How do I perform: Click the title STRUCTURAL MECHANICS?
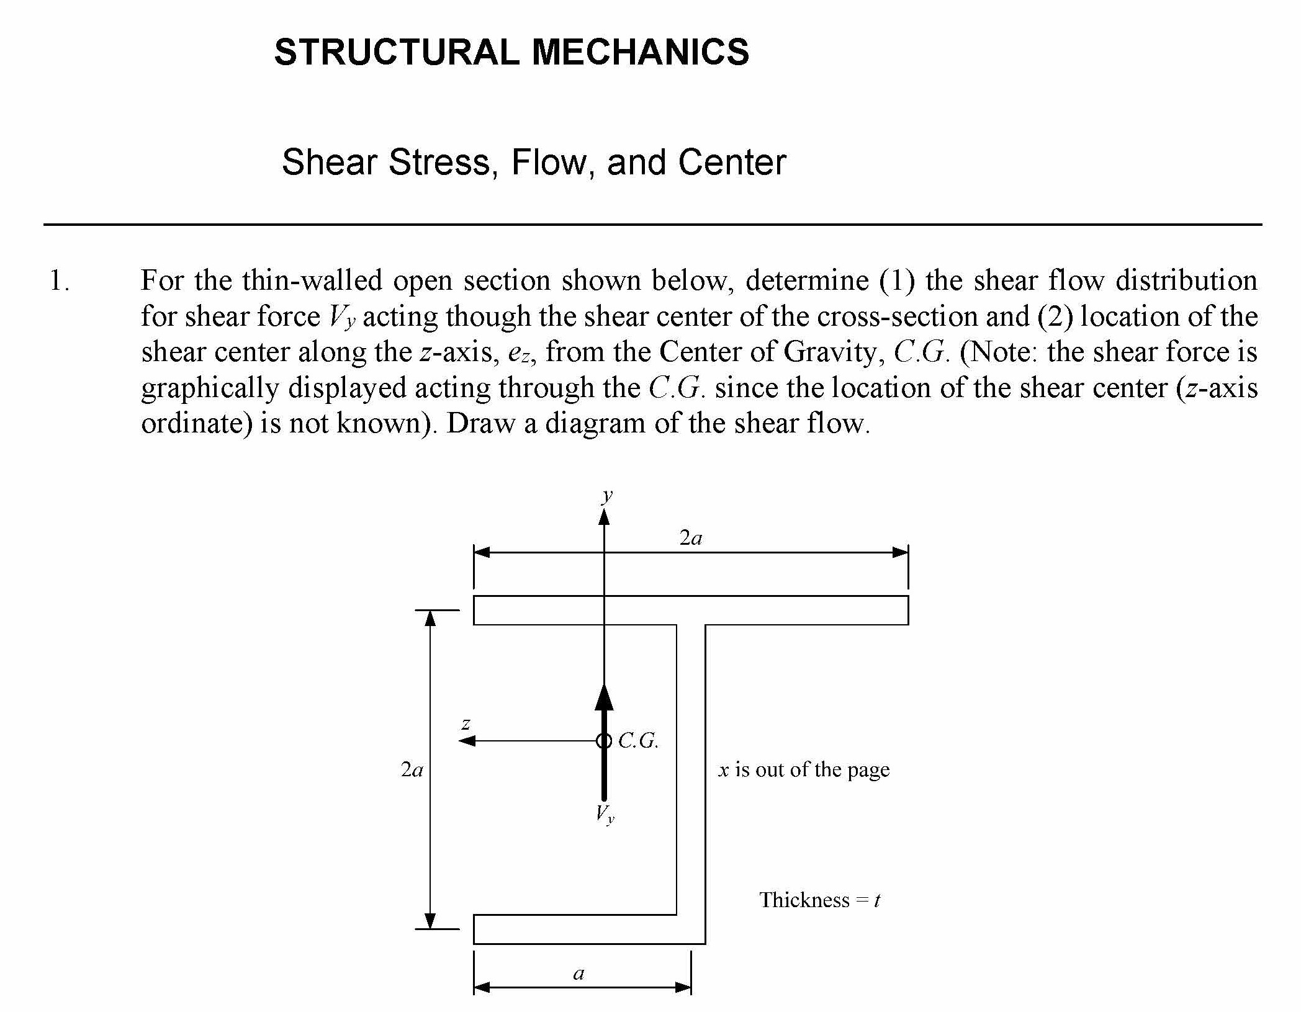[x=511, y=51]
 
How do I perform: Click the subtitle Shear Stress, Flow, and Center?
[x=534, y=162]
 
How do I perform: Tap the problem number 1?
[x=59, y=280]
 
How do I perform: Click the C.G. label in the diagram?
[x=638, y=740]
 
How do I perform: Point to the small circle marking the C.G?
[x=603, y=740]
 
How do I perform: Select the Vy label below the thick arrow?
[x=605, y=814]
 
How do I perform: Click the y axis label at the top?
[x=606, y=495]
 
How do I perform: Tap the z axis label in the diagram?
[x=466, y=723]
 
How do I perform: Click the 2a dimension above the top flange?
[x=691, y=537]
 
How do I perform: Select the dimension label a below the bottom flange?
[x=578, y=973]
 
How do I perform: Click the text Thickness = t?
[x=819, y=900]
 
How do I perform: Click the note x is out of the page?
[x=804, y=769]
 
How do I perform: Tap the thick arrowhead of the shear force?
[x=604, y=697]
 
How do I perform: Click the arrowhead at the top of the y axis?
[x=604, y=516]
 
